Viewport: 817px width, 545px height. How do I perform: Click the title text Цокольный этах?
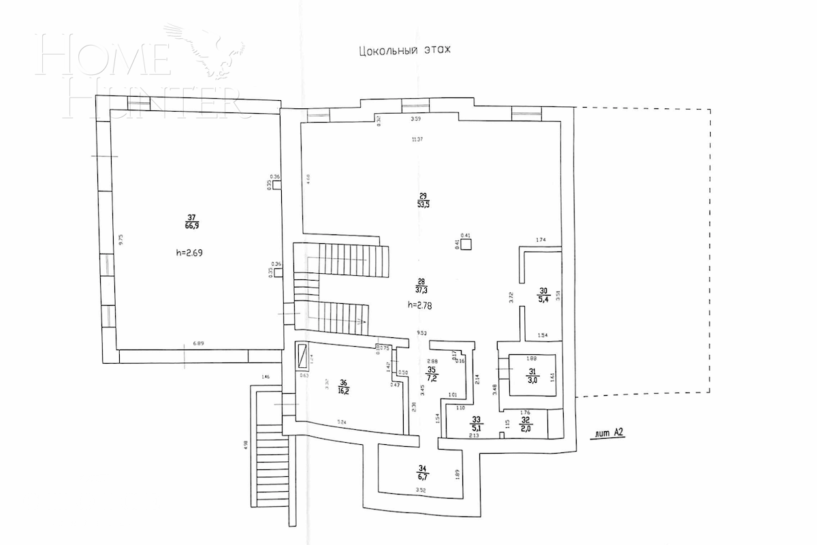tap(404, 50)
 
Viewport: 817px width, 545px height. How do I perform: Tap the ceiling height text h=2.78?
tap(421, 305)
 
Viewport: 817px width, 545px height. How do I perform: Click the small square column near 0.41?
tap(465, 246)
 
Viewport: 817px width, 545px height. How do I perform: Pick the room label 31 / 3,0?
tap(533, 376)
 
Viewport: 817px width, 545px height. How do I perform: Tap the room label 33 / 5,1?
tap(477, 424)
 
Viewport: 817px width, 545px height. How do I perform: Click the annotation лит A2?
tap(609, 432)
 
